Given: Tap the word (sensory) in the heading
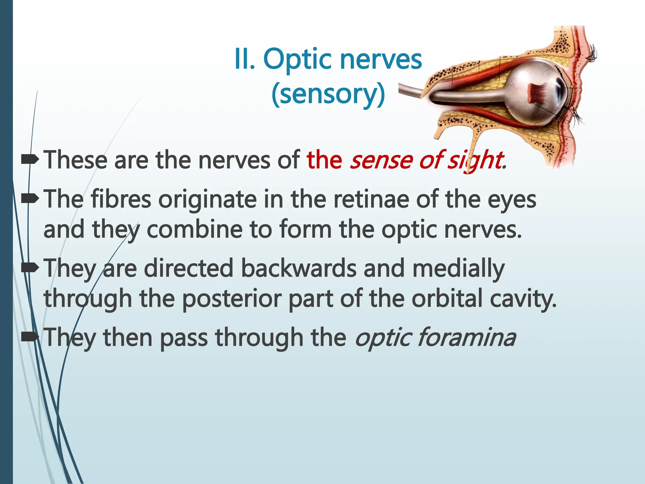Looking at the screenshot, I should tap(328, 94).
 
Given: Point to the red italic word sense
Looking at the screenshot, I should tap(381, 160).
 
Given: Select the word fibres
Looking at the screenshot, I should tap(121, 199).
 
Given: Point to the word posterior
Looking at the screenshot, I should tap(231, 299).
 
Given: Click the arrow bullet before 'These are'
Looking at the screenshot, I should tap(30, 160).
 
